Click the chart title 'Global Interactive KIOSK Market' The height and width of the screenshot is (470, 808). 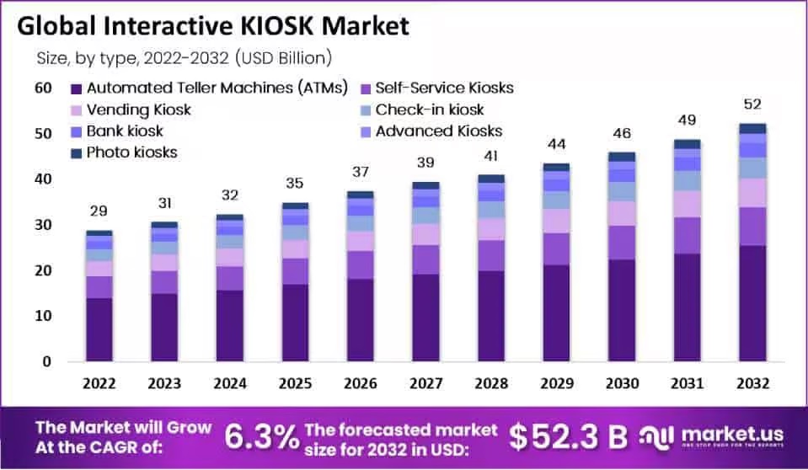pos(212,25)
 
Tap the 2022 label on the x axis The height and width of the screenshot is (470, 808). pos(99,383)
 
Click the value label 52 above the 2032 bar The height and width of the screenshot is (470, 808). pos(752,104)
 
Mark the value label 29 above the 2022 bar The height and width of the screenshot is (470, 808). pos(99,211)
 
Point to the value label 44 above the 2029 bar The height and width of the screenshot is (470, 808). pos(555,144)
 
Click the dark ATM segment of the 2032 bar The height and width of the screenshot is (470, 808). pos(752,303)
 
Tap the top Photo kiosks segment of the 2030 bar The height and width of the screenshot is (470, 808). pos(621,157)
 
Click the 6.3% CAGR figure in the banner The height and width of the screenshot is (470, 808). pos(260,436)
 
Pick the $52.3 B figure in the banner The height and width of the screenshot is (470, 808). pos(570,436)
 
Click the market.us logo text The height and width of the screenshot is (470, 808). pos(734,433)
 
